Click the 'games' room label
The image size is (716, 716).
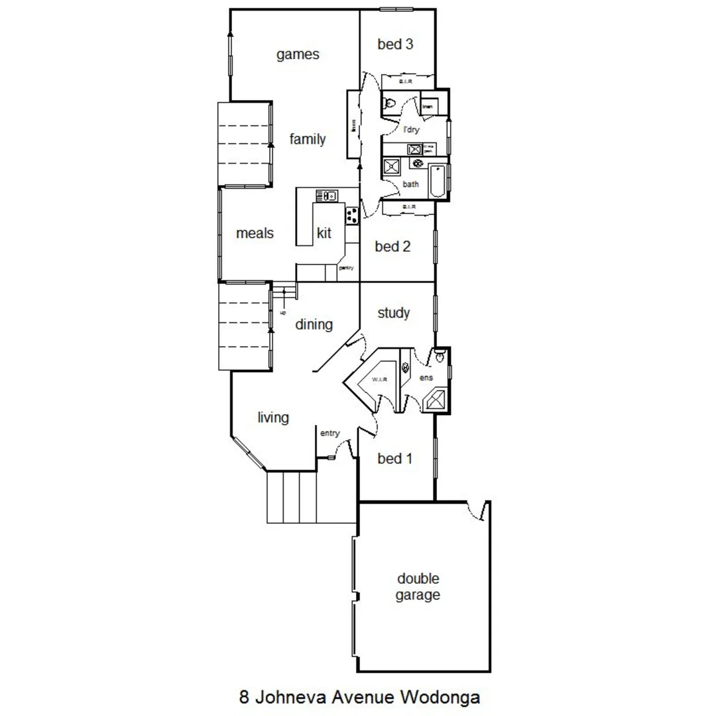298,54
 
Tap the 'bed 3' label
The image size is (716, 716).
396,44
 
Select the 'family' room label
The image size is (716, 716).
308,139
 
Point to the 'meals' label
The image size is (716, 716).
255,233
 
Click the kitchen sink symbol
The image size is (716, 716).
326,195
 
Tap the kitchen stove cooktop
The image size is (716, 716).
352,215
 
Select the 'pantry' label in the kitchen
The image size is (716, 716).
346,268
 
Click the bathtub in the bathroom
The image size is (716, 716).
438,181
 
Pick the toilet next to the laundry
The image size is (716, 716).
389,103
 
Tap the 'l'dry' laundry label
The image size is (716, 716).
411,131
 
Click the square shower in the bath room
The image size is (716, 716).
390,166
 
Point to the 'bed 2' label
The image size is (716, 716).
392,247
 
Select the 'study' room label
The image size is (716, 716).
394,313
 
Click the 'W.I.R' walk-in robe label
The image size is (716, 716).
379,379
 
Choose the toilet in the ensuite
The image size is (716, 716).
440,357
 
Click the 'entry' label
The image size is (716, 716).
330,434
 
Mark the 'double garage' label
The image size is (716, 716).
418,587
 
